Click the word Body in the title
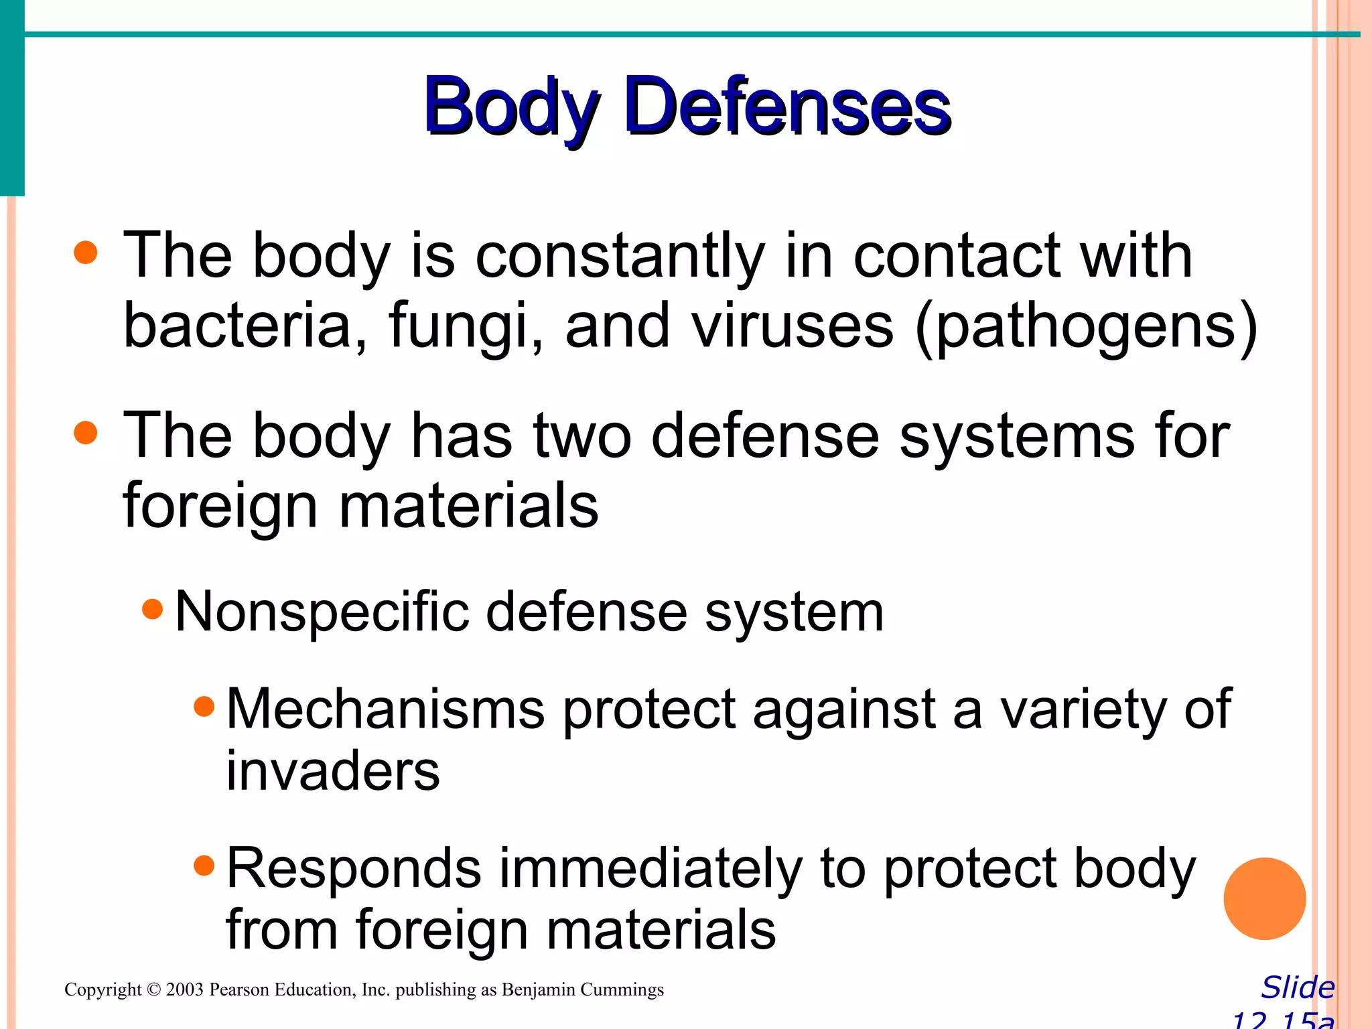[x=510, y=107]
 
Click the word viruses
[x=792, y=326]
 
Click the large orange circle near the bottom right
[x=1264, y=898]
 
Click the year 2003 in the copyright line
[x=184, y=990]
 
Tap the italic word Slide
[x=1298, y=988]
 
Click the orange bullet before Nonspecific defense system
[x=153, y=610]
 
